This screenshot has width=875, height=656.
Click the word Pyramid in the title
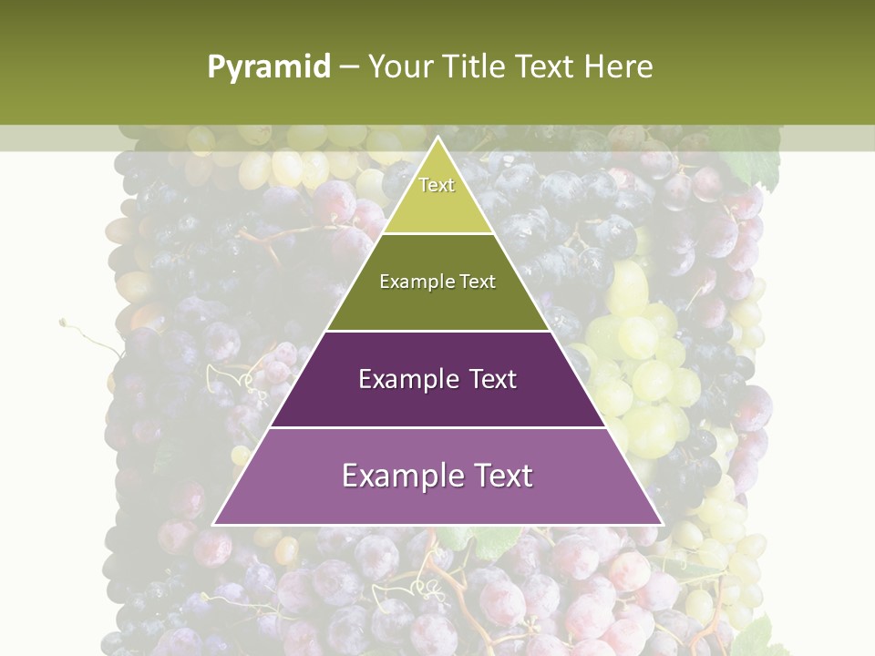coord(269,67)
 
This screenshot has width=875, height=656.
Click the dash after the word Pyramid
coord(349,67)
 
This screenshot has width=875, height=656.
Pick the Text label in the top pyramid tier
coord(437,185)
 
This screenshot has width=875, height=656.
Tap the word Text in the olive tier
coord(479,282)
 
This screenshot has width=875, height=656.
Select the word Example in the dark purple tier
coord(407,379)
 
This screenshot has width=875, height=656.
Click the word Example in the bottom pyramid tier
coord(397,476)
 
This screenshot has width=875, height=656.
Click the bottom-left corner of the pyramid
coord(214,524)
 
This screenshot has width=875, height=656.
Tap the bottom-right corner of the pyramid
coord(662,524)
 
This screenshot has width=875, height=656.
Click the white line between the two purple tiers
coord(437,427)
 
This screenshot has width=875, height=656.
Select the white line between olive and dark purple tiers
coord(437,331)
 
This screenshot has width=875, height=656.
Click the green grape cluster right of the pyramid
coord(643,364)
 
